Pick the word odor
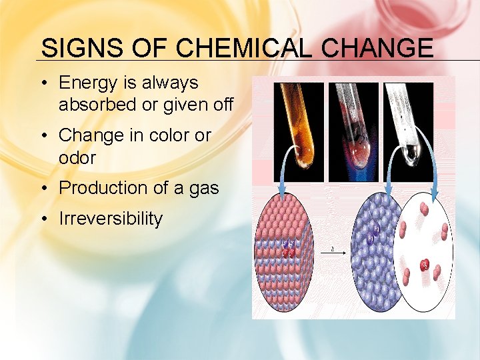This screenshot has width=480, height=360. point(77,157)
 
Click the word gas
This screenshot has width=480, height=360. point(203,189)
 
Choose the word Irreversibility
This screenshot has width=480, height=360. point(111,219)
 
